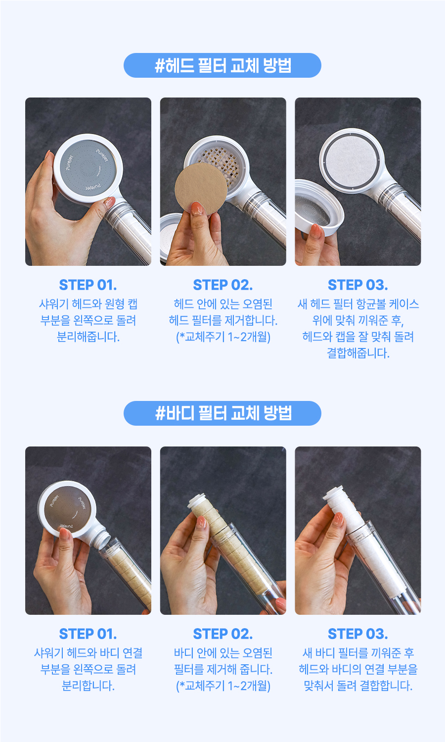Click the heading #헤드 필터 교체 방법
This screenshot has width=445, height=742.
(222, 65)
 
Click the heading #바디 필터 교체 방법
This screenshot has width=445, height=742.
(222, 413)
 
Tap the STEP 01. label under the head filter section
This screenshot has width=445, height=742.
(88, 285)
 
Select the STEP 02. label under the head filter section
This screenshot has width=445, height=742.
(222, 285)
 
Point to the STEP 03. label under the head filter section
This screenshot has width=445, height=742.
(357, 285)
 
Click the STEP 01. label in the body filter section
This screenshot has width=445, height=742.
(88, 634)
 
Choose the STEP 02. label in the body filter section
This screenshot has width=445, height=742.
(222, 634)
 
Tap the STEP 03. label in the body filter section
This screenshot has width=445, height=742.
(357, 634)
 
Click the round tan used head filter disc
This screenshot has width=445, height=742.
(201, 189)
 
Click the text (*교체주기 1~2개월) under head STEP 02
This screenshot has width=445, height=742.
(223, 337)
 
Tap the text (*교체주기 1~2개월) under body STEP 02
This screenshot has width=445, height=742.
(223, 686)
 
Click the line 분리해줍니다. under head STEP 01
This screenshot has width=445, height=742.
(88, 337)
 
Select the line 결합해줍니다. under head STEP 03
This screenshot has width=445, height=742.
(358, 353)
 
